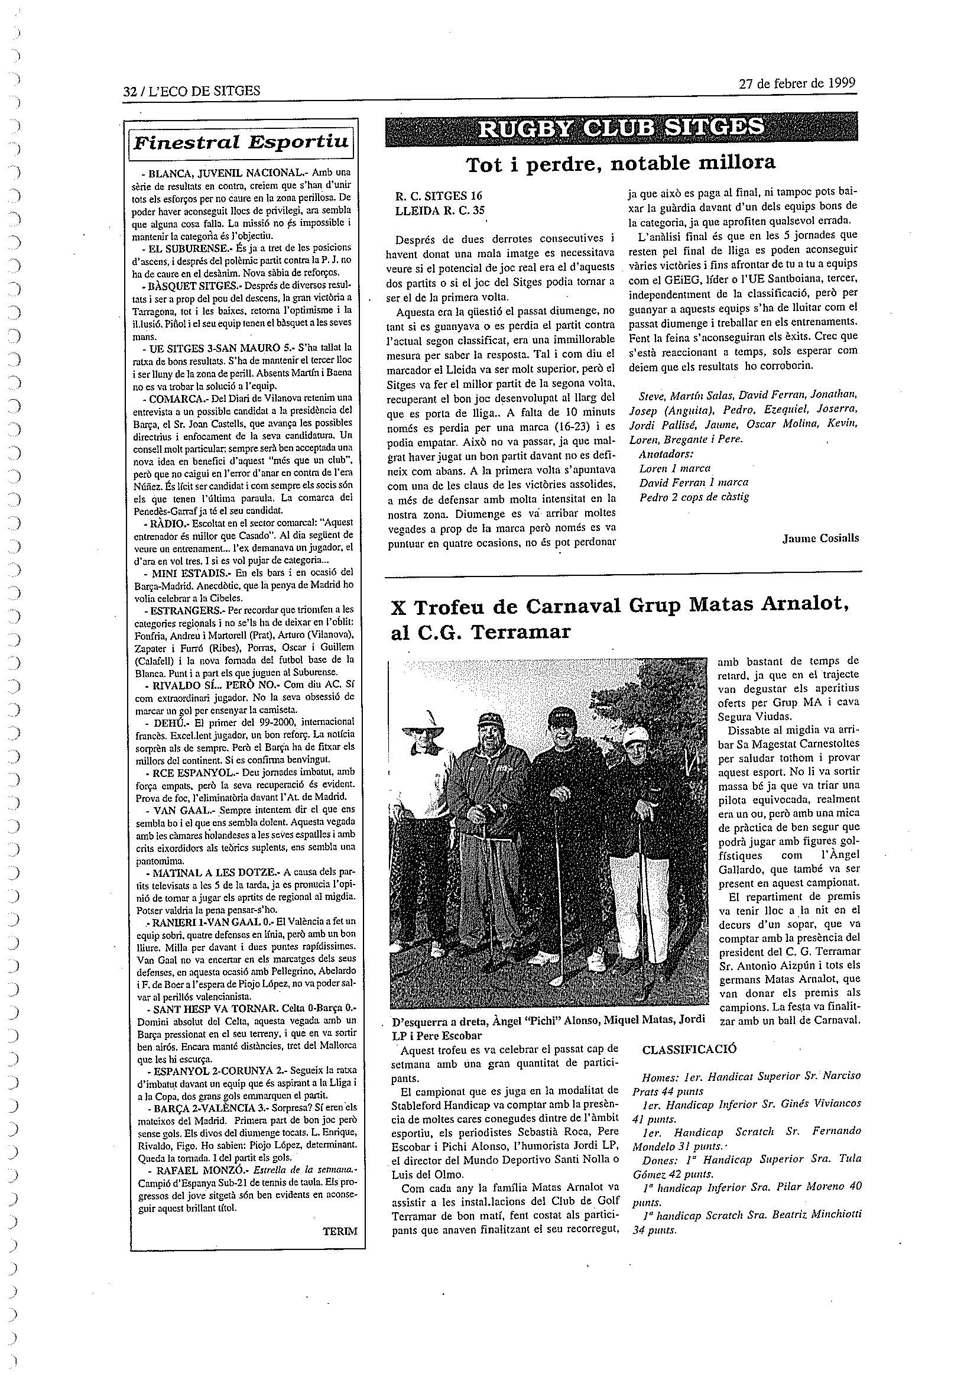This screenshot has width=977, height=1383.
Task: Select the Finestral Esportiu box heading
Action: (x=241, y=142)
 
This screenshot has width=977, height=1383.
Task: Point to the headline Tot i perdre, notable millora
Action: (x=621, y=164)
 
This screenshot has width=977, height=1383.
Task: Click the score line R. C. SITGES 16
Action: (x=438, y=196)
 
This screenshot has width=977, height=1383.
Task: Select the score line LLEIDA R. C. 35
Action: (x=439, y=210)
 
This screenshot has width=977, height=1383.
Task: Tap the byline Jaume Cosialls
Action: (x=820, y=539)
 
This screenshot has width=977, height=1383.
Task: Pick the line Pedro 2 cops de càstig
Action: (x=694, y=497)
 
